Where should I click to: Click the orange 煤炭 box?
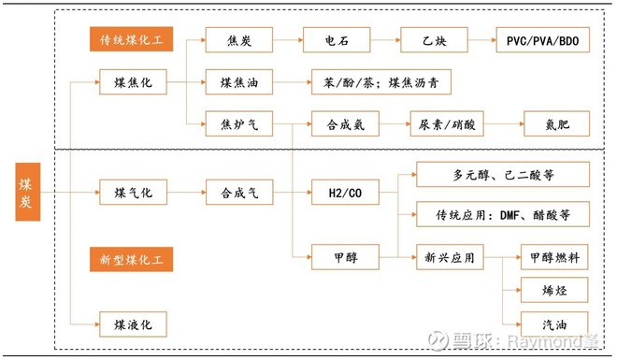28,194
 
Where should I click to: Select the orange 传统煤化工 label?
132,40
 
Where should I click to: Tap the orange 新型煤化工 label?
132,258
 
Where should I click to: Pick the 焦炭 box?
238,41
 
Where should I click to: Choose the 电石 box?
337,41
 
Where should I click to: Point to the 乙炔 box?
434,41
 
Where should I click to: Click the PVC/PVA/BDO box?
541,41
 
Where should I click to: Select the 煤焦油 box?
238,83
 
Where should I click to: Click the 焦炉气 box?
238,123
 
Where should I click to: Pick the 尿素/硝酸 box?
444,123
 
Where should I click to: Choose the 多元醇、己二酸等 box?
503,174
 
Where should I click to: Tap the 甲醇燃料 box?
554,256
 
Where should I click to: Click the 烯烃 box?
554,289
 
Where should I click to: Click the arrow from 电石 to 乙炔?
385,41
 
